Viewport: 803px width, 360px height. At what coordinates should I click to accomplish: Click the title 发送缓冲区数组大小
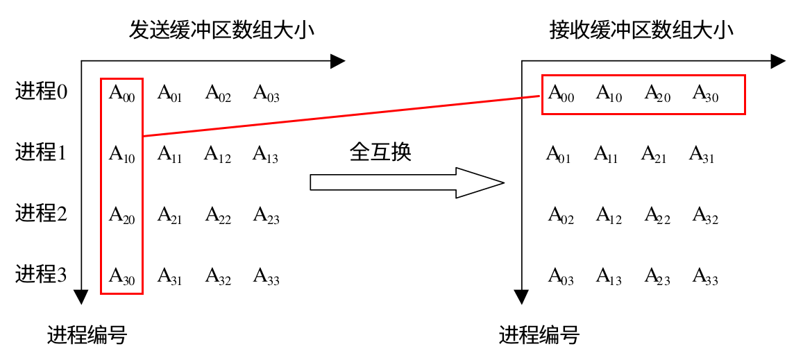pos(221,31)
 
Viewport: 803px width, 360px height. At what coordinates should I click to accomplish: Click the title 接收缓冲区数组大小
pos(641,31)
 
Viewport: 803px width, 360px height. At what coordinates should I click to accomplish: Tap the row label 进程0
pos(41,91)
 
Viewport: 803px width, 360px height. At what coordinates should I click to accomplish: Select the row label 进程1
pos(41,152)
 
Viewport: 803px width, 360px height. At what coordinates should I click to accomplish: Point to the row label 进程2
pos(41,213)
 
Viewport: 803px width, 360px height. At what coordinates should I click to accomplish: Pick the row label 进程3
pos(41,274)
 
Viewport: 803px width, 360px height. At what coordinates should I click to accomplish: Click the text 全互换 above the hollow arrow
pos(380,151)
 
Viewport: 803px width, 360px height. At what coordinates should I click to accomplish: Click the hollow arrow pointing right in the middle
pos(406,182)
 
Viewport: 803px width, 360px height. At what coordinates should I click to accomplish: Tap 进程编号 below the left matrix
pos(87,336)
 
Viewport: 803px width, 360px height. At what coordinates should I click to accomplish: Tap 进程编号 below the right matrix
pos(539,336)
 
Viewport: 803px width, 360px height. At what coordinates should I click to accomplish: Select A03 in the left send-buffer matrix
pos(266,94)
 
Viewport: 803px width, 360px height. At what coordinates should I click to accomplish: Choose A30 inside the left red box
pos(121,277)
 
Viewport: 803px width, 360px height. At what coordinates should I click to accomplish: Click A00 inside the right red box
pos(561,94)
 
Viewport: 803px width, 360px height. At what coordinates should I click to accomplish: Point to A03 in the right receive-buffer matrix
pos(561,277)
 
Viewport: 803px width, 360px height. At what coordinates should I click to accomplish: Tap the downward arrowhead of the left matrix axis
pos(82,296)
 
